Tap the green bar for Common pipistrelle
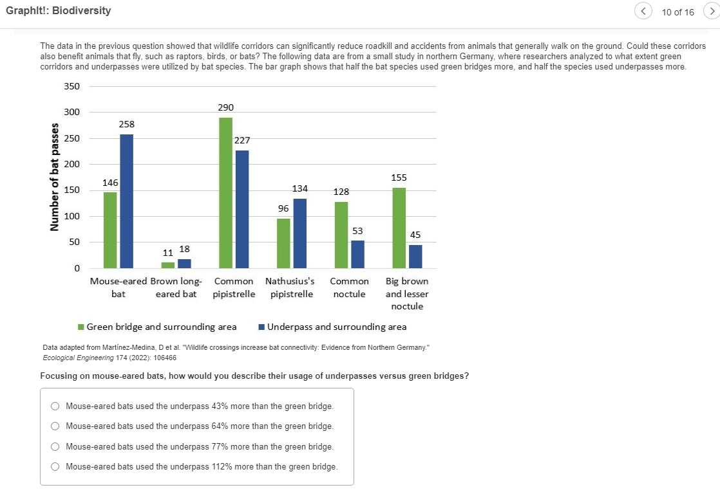225,192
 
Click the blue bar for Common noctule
357,254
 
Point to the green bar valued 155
399,228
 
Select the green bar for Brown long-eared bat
167,265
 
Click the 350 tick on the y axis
71,86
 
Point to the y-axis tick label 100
71,216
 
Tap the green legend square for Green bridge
81,327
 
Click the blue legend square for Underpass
261,327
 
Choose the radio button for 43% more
55,406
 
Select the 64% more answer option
55,426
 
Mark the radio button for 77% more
55,446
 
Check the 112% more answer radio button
55,466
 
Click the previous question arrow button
642,11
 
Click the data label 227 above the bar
242,140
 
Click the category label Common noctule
349,287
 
